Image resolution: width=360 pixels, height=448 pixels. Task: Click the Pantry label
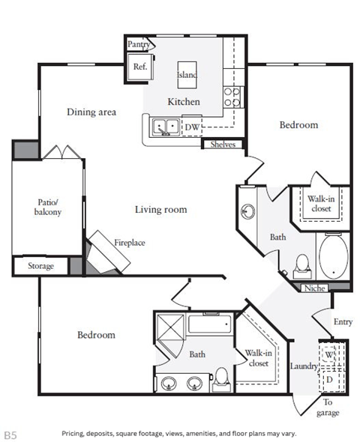139,44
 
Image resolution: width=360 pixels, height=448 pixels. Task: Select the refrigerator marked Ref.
140,67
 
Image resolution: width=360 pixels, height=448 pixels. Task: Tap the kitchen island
187,75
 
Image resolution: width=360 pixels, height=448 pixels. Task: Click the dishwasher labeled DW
192,127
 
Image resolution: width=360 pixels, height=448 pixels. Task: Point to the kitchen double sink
166,127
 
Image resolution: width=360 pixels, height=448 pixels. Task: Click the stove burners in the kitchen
232,97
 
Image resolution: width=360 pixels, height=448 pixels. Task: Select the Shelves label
223,145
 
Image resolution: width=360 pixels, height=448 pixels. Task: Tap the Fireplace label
130,243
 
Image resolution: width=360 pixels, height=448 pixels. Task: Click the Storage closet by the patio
40,266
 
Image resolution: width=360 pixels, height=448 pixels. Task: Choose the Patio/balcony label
48,207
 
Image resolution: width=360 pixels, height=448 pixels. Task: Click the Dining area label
91,112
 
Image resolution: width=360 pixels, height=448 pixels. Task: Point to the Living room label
161,210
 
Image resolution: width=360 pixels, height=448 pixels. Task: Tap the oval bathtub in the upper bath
334,256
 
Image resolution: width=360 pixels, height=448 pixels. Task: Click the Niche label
314,288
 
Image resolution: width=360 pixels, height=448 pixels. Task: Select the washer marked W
328,354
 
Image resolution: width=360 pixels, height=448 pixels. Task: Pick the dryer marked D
329,380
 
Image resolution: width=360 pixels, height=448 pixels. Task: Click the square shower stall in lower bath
170,327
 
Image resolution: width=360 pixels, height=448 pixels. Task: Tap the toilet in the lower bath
221,380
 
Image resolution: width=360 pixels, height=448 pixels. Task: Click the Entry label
343,322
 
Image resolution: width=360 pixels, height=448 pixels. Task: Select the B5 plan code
10,435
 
